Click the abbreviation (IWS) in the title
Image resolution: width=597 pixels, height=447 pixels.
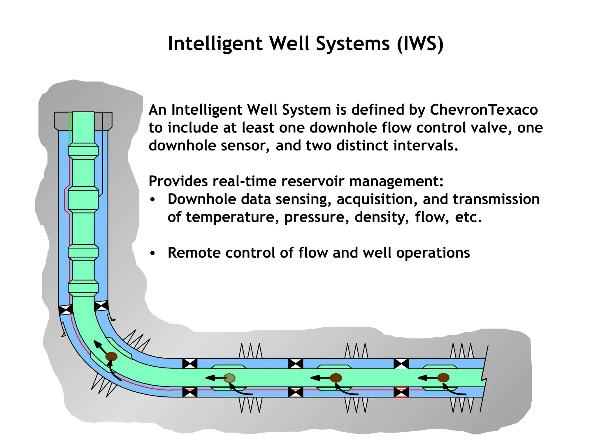pyautogui.click(x=420, y=44)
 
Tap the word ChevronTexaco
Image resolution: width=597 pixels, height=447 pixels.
pyautogui.click(x=484, y=110)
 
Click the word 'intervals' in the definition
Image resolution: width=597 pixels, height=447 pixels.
pyautogui.click(x=425, y=146)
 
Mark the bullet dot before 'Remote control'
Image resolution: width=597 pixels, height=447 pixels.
pyautogui.click(x=152, y=253)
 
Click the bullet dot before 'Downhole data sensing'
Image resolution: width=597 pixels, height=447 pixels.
pyautogui.click(x=152, y=200)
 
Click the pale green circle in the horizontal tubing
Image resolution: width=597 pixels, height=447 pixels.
pyautogui.click(x=229, y=378)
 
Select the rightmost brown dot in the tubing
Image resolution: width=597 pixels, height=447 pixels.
pyautogui.click(x=443, y=378)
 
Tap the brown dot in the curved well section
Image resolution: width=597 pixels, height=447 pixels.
pyautogui.click(x=111, y=356)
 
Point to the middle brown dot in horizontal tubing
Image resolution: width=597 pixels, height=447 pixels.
pyautogui.click(x=336, y=378)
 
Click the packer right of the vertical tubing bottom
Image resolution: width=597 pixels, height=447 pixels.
pyautogui.click(x=101, y=306)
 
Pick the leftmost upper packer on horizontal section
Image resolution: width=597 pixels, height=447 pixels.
pyautogui.click(x=190, y=364)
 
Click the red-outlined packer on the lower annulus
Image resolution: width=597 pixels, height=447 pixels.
pyautogui.click(x=401, y=392)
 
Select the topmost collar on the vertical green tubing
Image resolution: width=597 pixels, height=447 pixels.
pyautogui.click(x=83, y=151)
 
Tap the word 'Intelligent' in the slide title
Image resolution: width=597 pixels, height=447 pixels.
pyautogui.click(x=215, y=44)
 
